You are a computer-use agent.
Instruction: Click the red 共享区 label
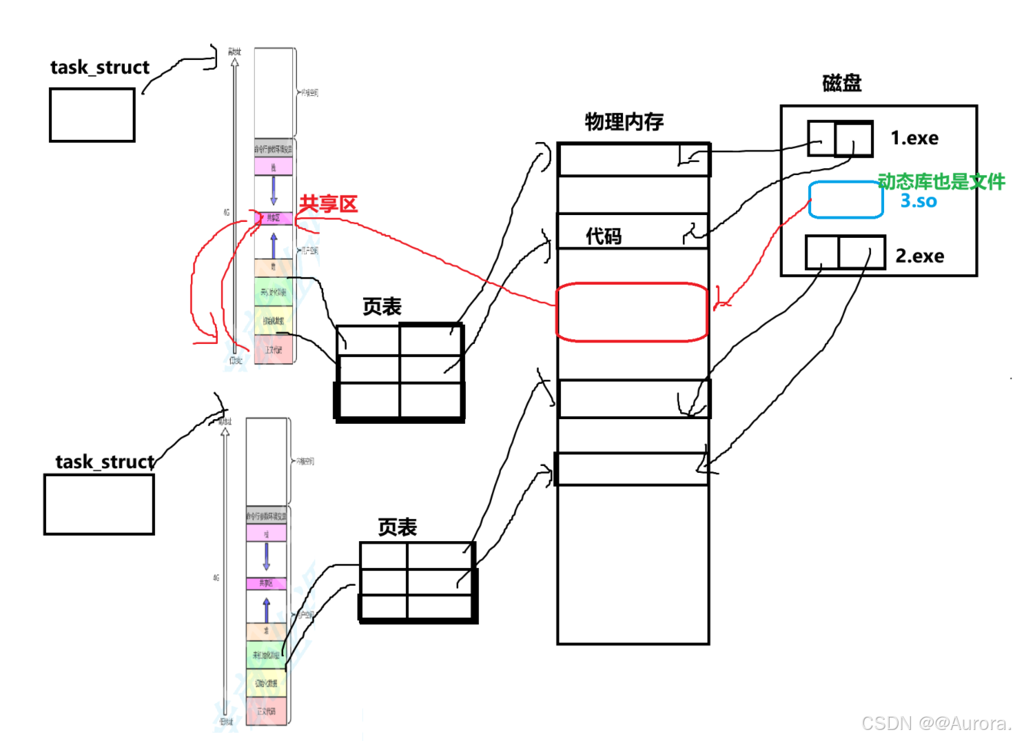click(x=328, y=204)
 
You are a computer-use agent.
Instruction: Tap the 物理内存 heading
click(x=624, y=122)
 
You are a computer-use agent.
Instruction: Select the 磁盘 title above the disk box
click(x=841, y=83)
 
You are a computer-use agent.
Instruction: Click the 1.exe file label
click(x=914, y=138)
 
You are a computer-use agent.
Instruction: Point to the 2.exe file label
click(x=919, y=256)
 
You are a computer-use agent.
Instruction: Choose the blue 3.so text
click(x=918, y=201)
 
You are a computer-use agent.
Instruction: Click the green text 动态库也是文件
click(x=941, y=182)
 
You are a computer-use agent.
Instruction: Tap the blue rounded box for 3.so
click(x=845, y=200)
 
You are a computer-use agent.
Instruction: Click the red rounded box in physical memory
click(x=631, y=312)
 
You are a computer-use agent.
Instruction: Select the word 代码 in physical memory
click(x=604, y=236)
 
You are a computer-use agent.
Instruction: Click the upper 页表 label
click(x=382, y=307)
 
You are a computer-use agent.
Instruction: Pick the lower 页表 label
click(x=397, y=527)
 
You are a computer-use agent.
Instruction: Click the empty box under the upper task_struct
click(x=92, y=115)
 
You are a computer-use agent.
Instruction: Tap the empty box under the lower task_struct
click(x=99, y=505)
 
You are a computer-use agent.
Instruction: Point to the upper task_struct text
click(x=99, y=68)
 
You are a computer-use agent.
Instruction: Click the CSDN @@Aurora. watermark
click(x=936, y=723)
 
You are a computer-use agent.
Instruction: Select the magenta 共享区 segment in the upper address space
click(x=274, y=218)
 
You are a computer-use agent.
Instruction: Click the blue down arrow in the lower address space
click(x=267, y=556)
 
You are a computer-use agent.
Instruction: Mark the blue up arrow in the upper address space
click(x=274, y=245)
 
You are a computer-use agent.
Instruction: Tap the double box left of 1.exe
click(x=840, y=139)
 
